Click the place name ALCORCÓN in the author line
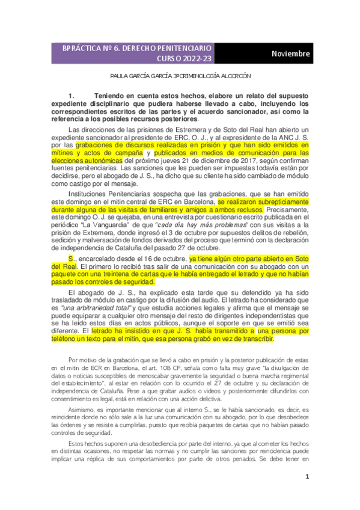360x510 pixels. tap(230, 77)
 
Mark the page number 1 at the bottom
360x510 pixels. tap(307, 477)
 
